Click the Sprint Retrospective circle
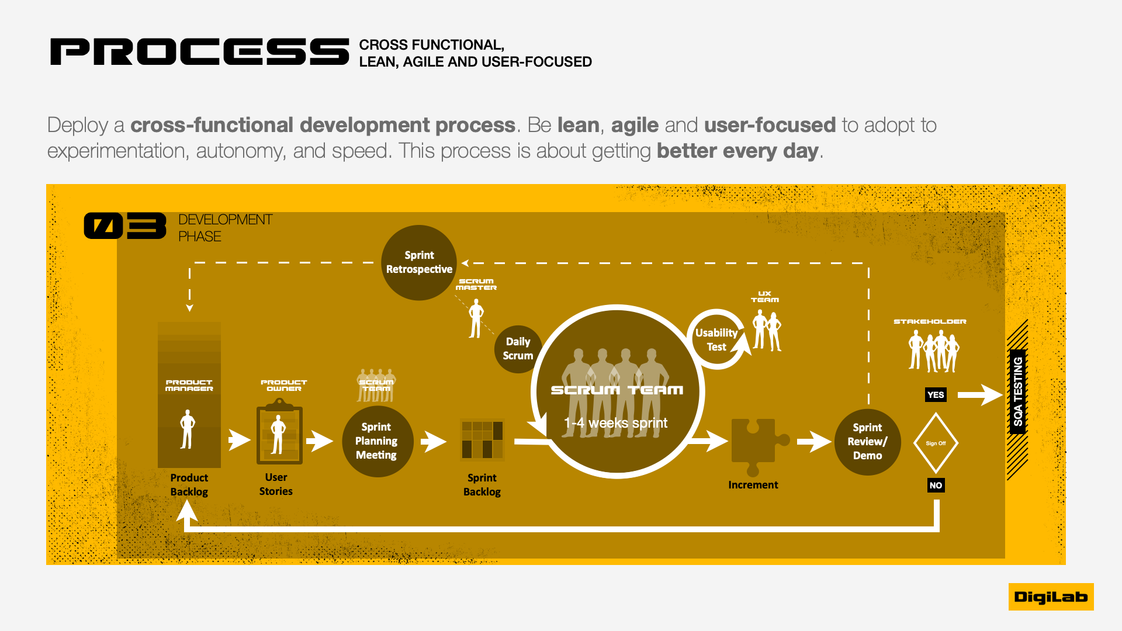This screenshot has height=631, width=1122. pyautogui.click(x=419, y=262)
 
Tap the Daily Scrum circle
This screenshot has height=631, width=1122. pyautogui.click(x=518, y=349)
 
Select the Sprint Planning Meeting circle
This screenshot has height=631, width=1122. pyautogui.click(x=377, y=441)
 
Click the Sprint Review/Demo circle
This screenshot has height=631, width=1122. pyautogui.click(x=867, y=442)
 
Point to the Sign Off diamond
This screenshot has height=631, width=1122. pyautogui.click(x=936, y=443)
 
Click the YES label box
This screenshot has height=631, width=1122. pyautogui.click(x=936, y=395)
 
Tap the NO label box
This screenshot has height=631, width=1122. pyautogui.click(x=936, y=486)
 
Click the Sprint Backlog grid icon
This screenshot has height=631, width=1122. pyautogui.click(x=482, y=439)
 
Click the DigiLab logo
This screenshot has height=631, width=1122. pyautogui.click(x=1051, y=597)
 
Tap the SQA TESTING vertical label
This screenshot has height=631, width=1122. pyautogui.click(x=1018, y=391)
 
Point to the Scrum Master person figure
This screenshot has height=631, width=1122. pyautogui.click(x=476, y=318)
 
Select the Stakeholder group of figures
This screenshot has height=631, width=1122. pyautogui.click(x=933, y=351)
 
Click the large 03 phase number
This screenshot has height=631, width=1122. pyautogui.click(x=125, y=226)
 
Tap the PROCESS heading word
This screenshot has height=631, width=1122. pyautogui.click(x=200, y=52)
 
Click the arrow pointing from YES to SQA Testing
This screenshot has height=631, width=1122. pyautogui.click(x=979, y=395)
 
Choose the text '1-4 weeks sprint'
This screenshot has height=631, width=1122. pyautogui.click(x=615, y=423)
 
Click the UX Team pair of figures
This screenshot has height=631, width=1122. pyautogui.click(x=767, y=330)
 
